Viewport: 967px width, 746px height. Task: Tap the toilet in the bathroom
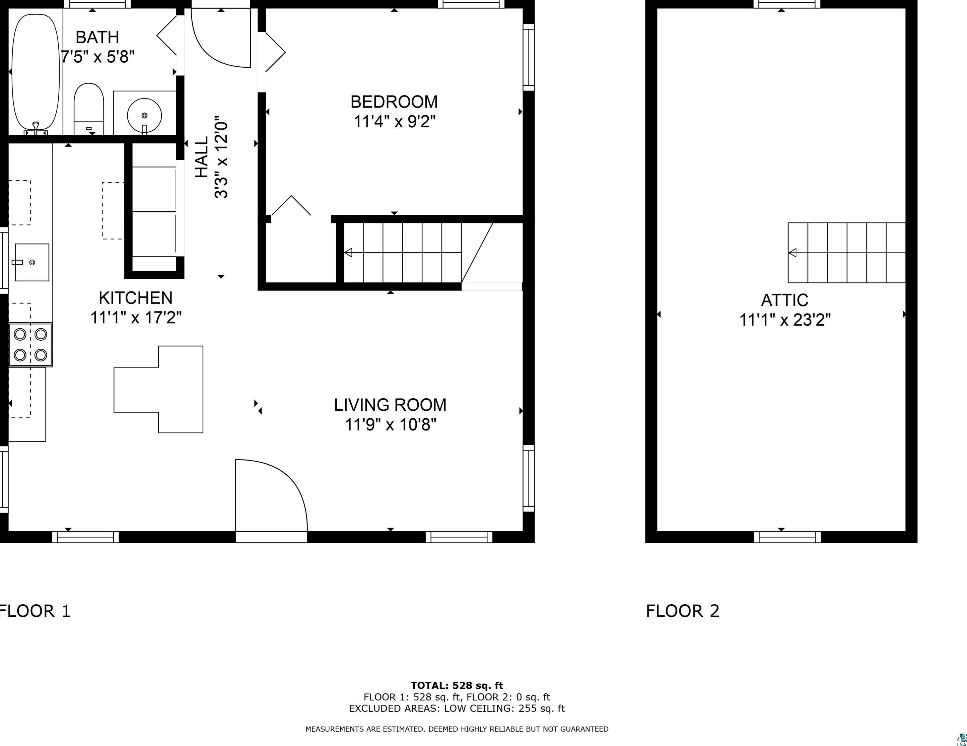(x=88, y=109)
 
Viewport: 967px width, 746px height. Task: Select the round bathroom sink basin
(x=144, y=115)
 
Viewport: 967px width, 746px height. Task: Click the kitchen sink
(x=32, y=262)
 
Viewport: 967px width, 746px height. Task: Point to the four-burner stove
(x=30, y=345)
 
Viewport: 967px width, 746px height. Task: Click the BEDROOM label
(x=394, y=102)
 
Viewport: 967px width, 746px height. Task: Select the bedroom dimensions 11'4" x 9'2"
(x=394, y=121)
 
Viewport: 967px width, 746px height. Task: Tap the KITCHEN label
(x=135, y=298)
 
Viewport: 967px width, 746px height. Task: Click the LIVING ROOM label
(x=390, y=405)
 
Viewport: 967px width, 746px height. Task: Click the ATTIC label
(x=784, y=300)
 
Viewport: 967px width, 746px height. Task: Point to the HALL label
(x=202, y=157)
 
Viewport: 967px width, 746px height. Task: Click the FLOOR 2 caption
(x=683, y=611)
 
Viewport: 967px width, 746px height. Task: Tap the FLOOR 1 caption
(x=34, y=611)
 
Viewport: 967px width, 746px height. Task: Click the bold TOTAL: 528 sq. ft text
(x=457, y=686)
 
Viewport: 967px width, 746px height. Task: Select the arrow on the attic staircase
(x=846, y=253)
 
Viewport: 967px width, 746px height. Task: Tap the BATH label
(x=97, y=37)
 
